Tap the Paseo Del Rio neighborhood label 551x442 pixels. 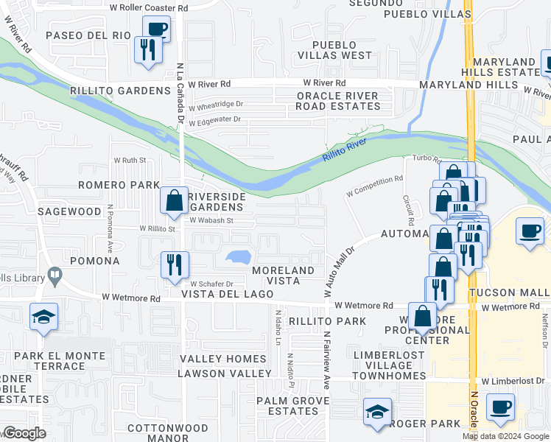[88, 35]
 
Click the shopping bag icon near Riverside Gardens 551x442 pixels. [175, 200]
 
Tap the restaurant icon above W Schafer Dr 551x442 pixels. [175, 264]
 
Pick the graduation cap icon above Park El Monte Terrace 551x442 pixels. [43, 317]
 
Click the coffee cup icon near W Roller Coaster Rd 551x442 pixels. [156, 29]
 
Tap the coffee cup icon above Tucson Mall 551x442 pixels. [530, 231]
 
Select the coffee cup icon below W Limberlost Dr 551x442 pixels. [500, 407]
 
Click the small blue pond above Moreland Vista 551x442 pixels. [238, 257]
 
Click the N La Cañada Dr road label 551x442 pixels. [179, 93]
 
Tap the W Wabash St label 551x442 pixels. [211, 220]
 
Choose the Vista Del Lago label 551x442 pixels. [228, 294]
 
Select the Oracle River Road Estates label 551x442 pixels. [338, 101]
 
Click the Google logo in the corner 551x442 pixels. [24, 433]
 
